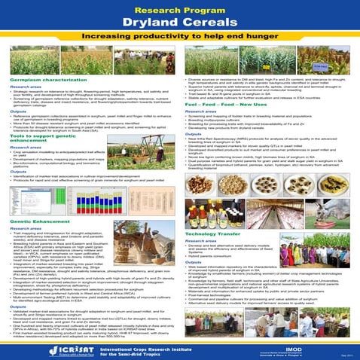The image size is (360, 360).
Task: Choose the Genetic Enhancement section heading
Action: click(x=30, y=222)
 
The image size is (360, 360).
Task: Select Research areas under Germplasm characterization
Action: click(x=21, y=86)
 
